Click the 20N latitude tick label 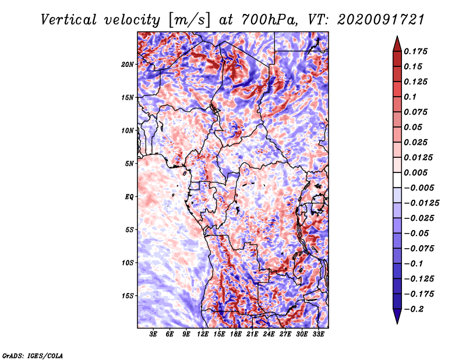pyautogui.click(x=128, y=65)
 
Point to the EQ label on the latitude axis pyautogui.click(x=129, y=197)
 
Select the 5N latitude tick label pyautogui.click(x=129, y=164)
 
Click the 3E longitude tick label pyautogui.click(x=153, y=334)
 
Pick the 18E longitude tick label pyautogui.click(x=236, y=334)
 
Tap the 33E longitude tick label pyautogui.click(x=318, y=334)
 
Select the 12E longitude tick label pyautogui.click(x=203, y=334)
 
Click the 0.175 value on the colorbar pyautogui.click(x=415, y=51)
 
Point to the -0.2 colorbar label pyautogui.click(x=414, y=309)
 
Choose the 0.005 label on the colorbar pyautogui.click(x=415, y=172)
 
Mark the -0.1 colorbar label pyautogui.click(x=414, y=264)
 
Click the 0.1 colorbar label pyautogui.click(x=410, y=97)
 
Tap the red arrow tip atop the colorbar pyautogui.click(x=397, y=36)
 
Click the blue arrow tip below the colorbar pyautogui.click(x=397, y=323)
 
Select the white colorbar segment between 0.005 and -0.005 pyautogui.click(x=397, y=180)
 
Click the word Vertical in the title pyautogui.click(x=68, y=20)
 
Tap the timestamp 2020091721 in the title pyautogui.click(x=381, y=20)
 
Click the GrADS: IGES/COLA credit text pyautogui.click(x=33, y=356)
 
